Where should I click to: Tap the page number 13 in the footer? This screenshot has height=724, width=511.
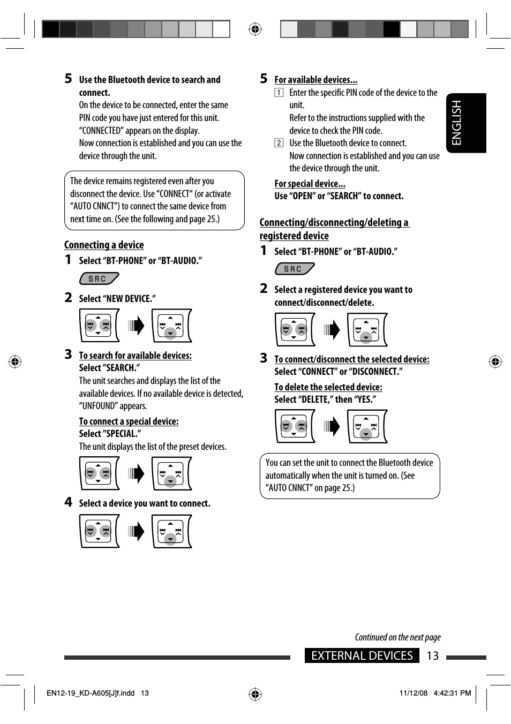pyautogui.click(x=432, y=656)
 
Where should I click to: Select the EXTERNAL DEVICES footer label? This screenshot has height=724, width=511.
pyautogui.click(x=362, y=656)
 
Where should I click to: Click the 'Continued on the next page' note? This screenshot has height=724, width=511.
pyautogui.click(x=397, y=637)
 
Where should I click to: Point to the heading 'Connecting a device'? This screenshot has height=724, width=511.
pyautogui.click(x=104, y=245)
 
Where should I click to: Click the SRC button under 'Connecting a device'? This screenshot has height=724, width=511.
pyautogui.click(x=98, y=279)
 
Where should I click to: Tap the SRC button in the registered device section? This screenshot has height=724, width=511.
pyautogui.click(x=294, y=269)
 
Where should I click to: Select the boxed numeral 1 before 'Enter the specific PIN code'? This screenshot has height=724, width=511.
pyautogui.click(x=279, y=93)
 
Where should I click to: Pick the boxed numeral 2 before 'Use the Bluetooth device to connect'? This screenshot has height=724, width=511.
pyautogui.click(x=279, y=143)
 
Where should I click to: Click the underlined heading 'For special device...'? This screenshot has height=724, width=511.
pyautogui.click(x=310, y=184)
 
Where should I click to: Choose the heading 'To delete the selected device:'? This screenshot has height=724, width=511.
pyautogui.click(x=328, y=387)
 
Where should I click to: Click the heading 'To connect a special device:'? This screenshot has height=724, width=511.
pyautogui.click(x=129, y=421)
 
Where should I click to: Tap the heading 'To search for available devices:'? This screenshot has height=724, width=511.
pyautogui.click(x=135, y=356)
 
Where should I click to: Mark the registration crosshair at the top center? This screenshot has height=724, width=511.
pyautogui.click(x=255, y=29)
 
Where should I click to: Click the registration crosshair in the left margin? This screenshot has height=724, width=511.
pyautogui.click(x=15, y=361)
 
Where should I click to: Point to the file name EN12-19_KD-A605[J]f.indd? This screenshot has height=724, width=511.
pyautogui.click(x=91, y=693)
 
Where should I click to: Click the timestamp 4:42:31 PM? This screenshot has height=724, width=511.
pyautogui.click(x=452, y=693)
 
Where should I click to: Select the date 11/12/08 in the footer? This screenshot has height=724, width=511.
pyautogui.click(x=413, y=693)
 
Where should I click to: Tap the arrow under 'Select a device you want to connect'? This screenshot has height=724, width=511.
pyautogui.click(x=137, y=531)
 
